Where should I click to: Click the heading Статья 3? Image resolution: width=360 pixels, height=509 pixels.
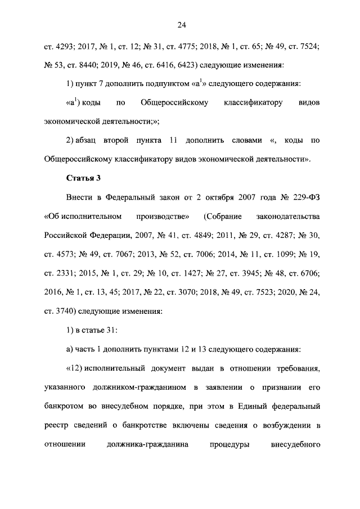(x=84, y=178)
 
